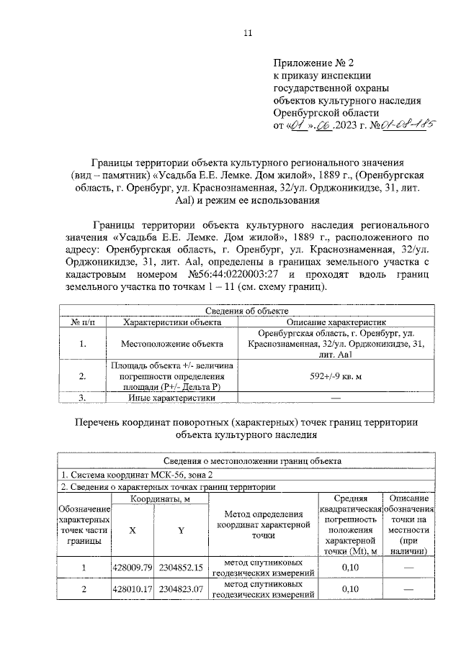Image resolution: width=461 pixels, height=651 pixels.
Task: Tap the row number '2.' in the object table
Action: pyautogui.click(x=82, y=375)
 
